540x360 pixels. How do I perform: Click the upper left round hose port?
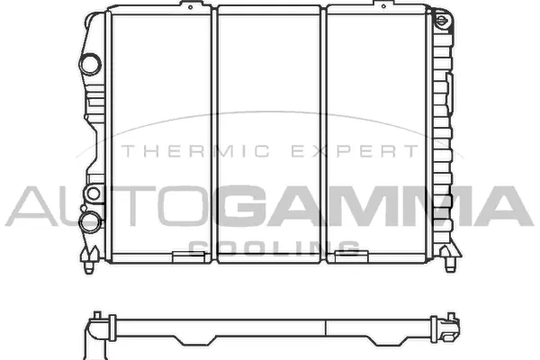(89, 64)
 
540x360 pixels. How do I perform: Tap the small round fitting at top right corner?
(442, 19)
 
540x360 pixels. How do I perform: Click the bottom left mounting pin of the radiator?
(90, 266)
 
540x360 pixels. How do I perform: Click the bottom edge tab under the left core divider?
(189, 257)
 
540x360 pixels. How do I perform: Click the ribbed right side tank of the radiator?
(443, 135)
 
